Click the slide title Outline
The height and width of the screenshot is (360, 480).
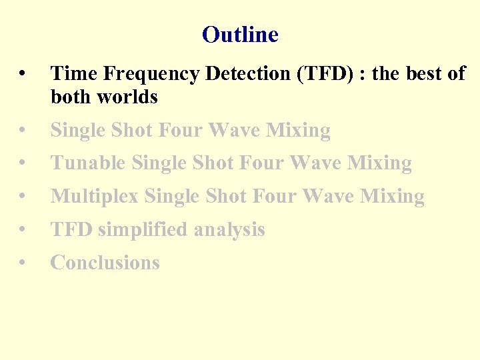[x=240, y=34]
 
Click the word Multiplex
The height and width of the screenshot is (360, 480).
[x=95, y=196]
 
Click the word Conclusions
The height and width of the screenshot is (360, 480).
[x=105, y=263]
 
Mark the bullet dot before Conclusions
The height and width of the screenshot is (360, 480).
[x=23, y=263]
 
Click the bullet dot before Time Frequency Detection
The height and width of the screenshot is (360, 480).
[x=23, y=74]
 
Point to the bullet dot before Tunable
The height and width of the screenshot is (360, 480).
[x=23, y=163]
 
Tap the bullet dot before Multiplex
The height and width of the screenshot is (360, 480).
[x=23, y=197]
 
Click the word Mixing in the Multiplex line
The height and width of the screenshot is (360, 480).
[x=392, y=196]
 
